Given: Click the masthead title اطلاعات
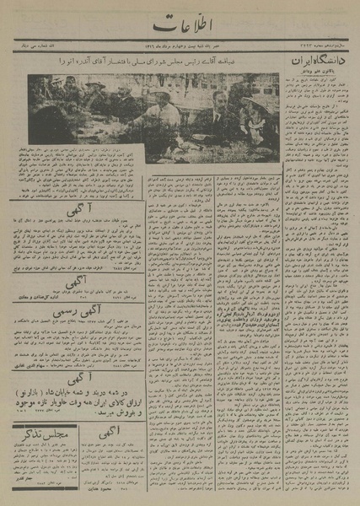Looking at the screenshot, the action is pyautogui.click(x=180, y=25).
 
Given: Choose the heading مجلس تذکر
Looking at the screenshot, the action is pyautogui.click(x=41, y=435).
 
